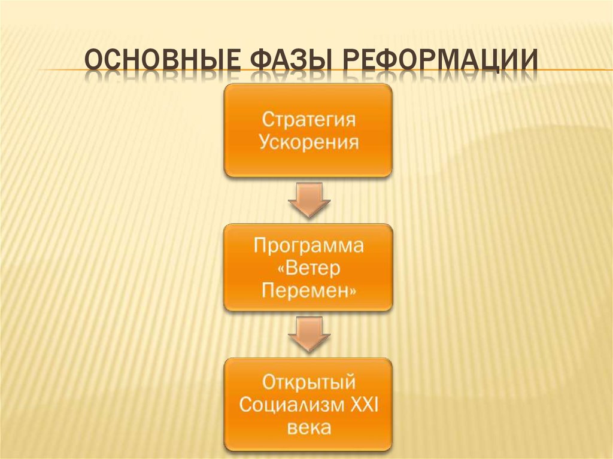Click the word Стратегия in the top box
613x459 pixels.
tap(308, 120)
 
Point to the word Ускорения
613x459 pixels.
tap(308, 144)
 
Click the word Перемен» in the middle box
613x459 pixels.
tap(308, 291)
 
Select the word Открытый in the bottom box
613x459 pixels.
tap(308, 381)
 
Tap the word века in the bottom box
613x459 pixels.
tap(308, 428)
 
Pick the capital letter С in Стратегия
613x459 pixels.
tap(268, 120)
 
